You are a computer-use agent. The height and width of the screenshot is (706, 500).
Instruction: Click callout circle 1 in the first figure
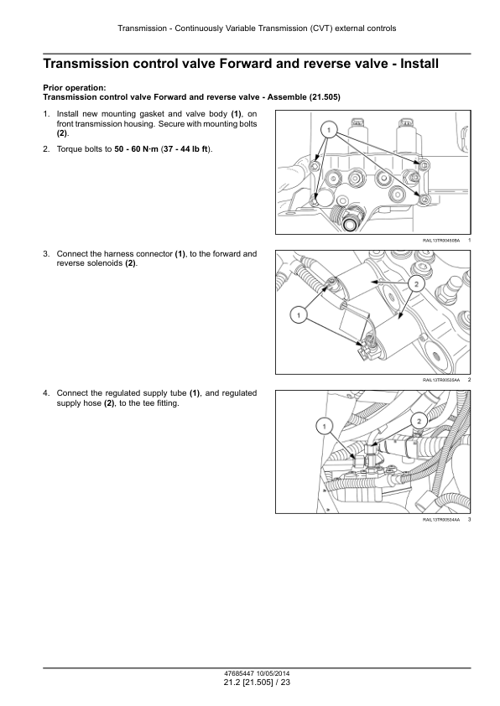coord(329,131)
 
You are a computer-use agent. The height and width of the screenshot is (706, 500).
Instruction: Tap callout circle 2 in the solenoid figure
coord(416,284)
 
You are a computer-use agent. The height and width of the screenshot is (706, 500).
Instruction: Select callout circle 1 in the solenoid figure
coord(299,315)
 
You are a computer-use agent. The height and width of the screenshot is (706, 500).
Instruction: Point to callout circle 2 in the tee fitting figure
coord(419,421)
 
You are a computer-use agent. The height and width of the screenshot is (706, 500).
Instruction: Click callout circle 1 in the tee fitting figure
coord(325,426)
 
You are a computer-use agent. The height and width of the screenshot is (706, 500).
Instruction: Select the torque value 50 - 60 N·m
coord(136,149)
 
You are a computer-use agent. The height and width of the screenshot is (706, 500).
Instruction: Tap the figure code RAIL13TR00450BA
coord(441,241)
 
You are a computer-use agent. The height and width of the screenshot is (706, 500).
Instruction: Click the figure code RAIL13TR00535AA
coord(441,381)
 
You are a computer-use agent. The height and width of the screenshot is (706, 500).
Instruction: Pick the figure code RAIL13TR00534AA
coord(441,520)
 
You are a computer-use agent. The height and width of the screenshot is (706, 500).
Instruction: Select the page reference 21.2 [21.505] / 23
coord(257,683)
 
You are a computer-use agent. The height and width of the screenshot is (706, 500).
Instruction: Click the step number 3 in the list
coord(45,254)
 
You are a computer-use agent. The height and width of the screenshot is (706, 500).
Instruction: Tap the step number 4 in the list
coord(45,393)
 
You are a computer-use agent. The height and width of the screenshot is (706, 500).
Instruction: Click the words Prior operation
coord(75,88)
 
